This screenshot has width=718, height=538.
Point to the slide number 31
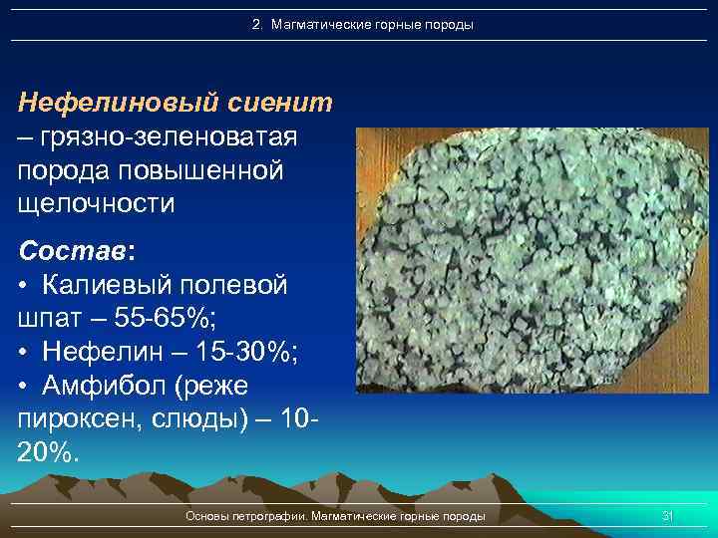[668, 516]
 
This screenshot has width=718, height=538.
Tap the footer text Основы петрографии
[247, 516]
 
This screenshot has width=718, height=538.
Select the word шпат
[51, 319]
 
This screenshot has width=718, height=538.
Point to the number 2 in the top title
[256, 24]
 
